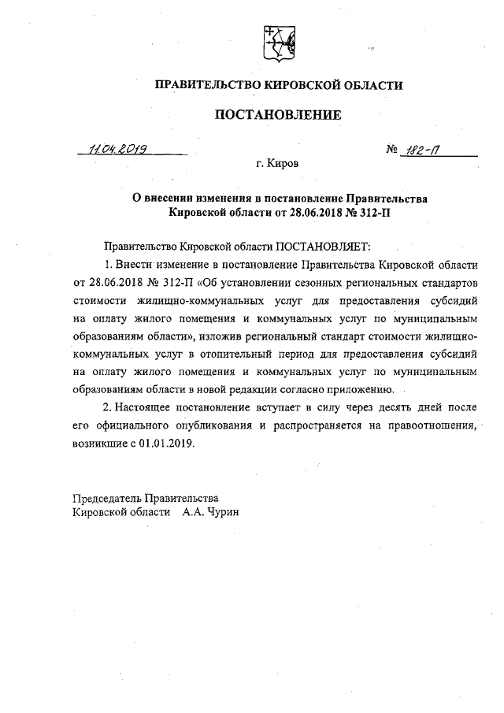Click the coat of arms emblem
point(277,43)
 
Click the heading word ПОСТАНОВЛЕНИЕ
point(278,115)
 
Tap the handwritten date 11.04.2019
point(120,147)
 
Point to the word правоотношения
point(433,425)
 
